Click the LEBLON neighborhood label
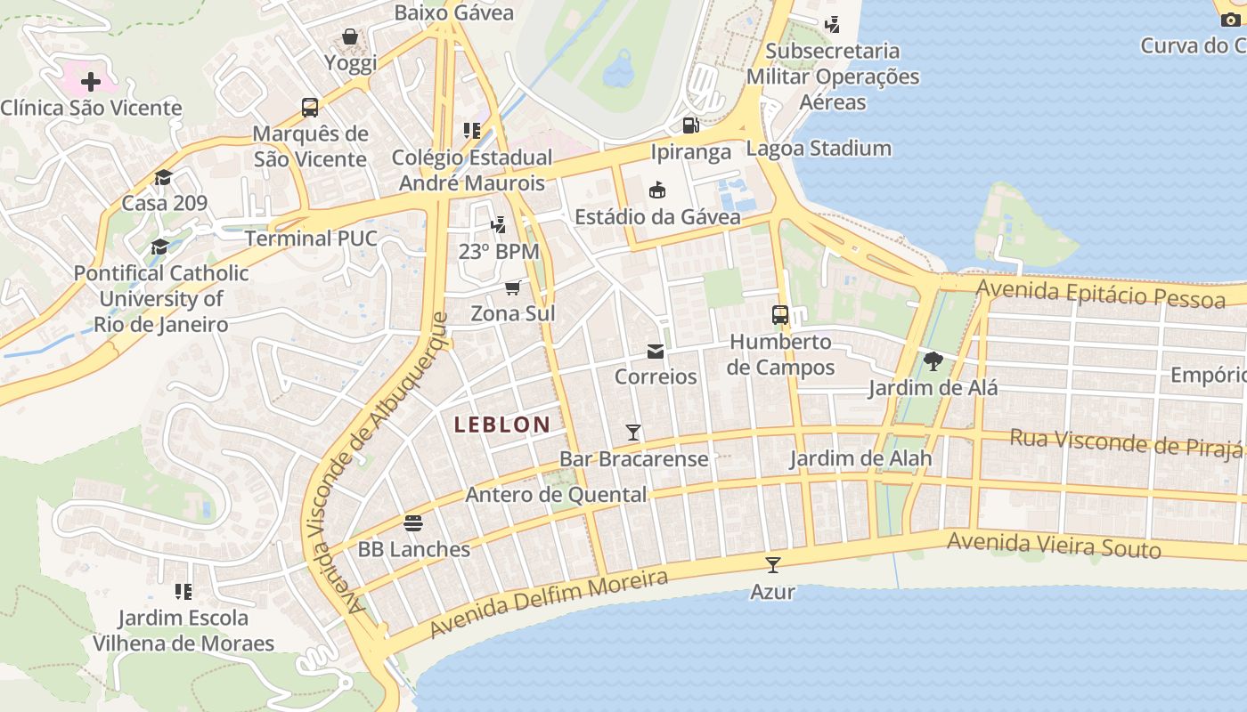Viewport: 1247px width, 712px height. click(502, 425)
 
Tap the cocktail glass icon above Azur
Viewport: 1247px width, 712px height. click(772, 564)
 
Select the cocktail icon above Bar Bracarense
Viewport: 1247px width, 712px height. click(633, 433)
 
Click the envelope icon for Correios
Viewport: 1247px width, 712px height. click(656, 351)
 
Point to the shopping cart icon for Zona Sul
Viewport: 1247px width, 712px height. click(512, 287)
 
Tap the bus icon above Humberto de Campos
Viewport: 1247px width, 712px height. click(780, 314)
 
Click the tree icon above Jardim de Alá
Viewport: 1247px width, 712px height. click(933, 360)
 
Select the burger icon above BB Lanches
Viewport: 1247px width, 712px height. click(413, 522)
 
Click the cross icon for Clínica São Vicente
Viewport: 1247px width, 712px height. click(90, 82)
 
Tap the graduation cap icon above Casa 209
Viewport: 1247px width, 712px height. click(163, 177)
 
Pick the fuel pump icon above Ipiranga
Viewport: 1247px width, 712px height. click(690, 125)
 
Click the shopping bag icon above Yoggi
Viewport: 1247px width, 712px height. click(350, 36)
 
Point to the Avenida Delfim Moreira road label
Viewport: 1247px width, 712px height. click(549, 603)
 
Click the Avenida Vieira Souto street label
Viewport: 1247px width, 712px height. click(1054, 545)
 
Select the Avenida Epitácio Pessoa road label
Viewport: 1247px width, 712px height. click(1100, 293)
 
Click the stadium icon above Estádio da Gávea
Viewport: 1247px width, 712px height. click(657, 190)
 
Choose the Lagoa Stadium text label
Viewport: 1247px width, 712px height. click(819, 148)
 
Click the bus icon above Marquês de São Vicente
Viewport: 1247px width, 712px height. click(310, 108)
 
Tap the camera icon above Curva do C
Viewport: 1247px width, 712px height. click(1230, 20)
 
